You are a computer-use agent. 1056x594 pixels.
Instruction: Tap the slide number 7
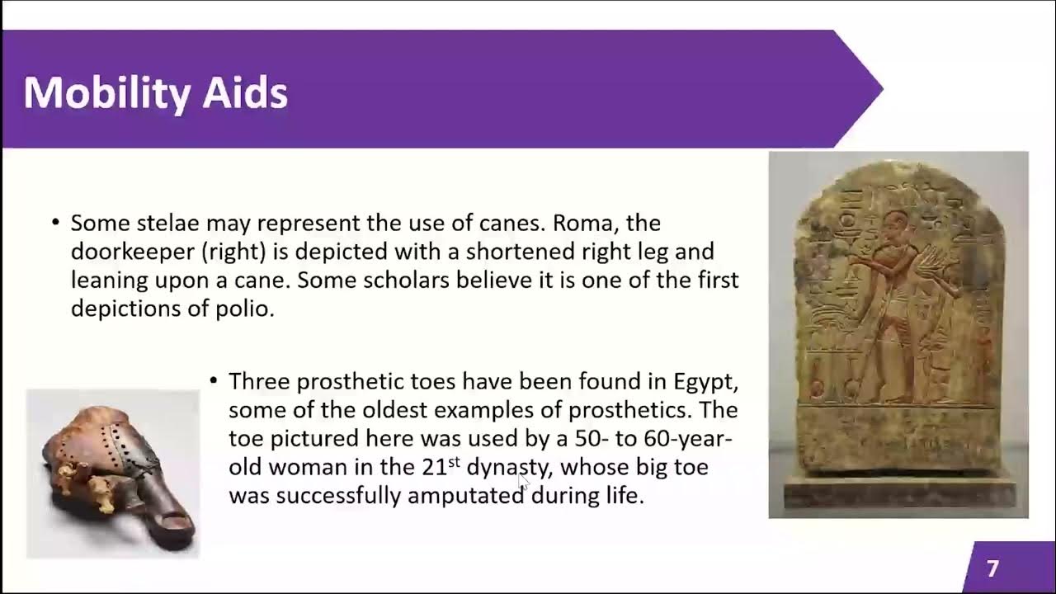(x=992, y=568)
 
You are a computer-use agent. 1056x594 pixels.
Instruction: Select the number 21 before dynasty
(x=434, y=467)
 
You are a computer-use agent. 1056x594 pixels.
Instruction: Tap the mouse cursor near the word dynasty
(x=523, y=482)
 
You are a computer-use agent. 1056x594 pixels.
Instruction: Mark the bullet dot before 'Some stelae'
(x=55, y=224)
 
